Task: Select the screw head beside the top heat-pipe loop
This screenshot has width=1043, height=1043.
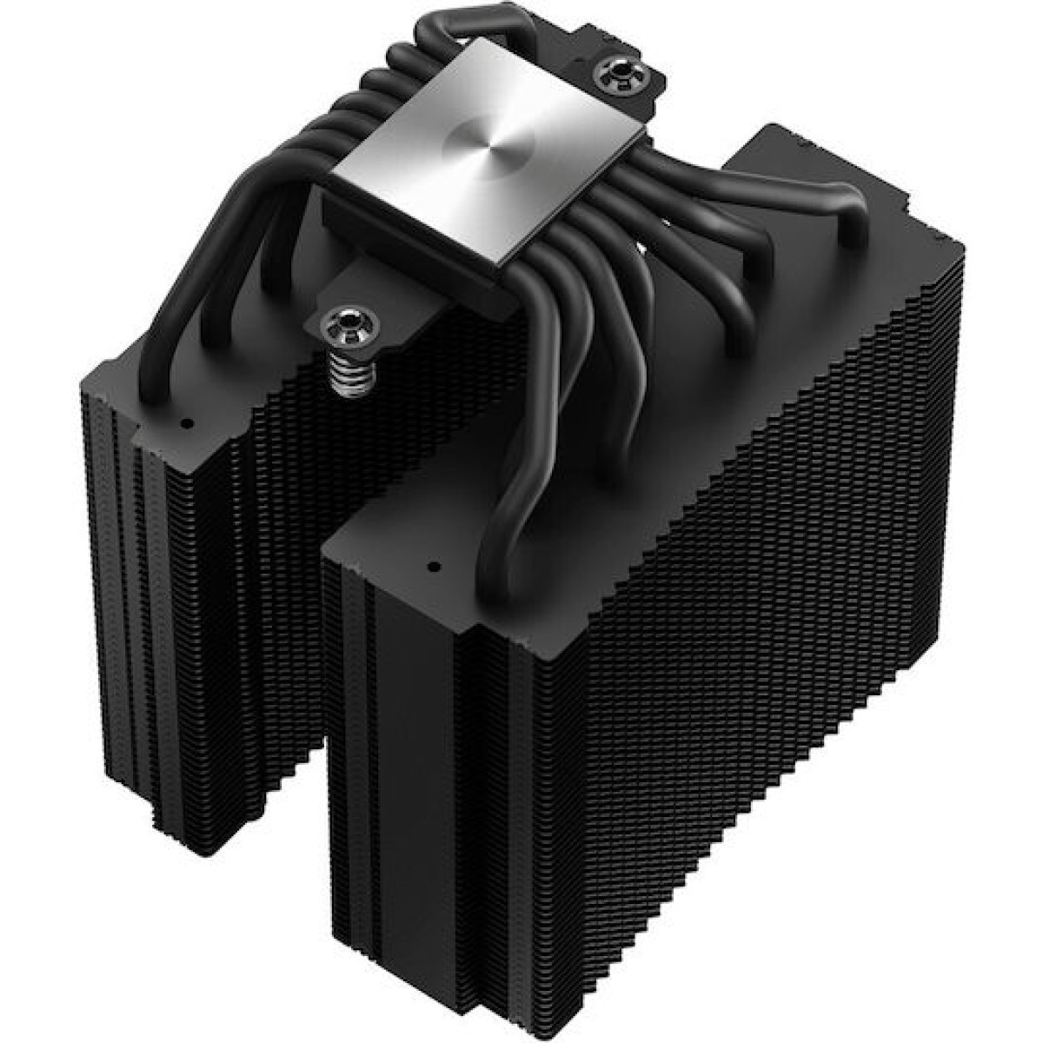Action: (x=621, y=69)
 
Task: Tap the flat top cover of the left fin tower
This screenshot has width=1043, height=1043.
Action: (x=148, y=382)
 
